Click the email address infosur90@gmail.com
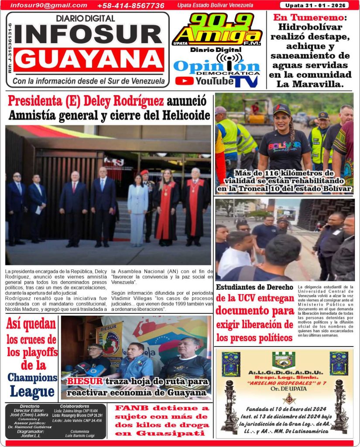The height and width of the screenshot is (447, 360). [x=48, y=5]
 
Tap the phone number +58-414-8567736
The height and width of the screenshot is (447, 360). [x=130, y=6]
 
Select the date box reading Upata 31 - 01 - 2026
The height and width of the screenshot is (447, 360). [x=314, y=5]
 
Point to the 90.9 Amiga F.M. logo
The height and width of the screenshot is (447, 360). [x=217, y=29]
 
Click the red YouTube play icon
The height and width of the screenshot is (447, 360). [x=184, y=81]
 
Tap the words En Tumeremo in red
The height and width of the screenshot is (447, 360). [x=308, y=18]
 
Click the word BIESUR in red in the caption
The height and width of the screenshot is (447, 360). [x=85, y=381]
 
